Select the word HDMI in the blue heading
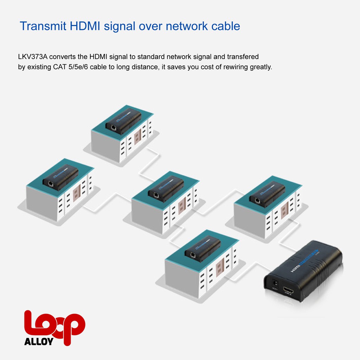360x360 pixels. [x=83, y=26]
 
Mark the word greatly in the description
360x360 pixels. [x=260, y=67]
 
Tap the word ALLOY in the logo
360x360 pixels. [x=39, y=341]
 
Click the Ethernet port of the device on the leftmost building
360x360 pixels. [x=51, y=183]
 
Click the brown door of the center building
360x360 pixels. [x=182, y=207]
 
